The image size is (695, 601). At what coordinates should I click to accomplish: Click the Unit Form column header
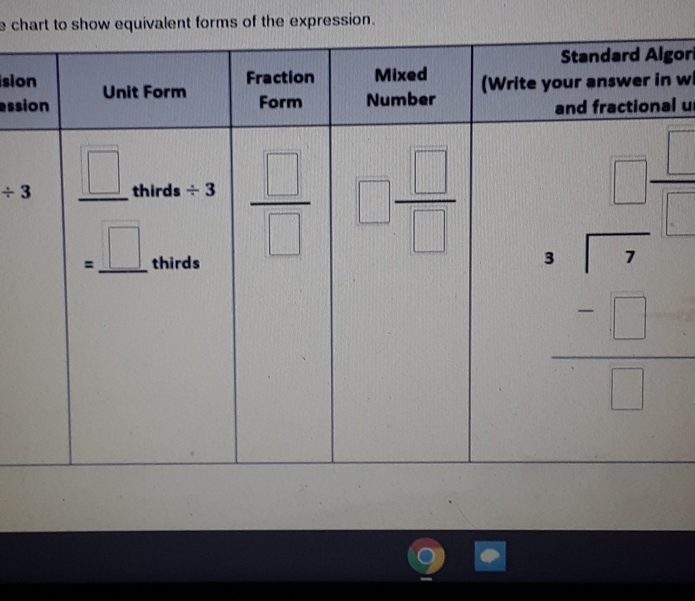(x=144, y=92)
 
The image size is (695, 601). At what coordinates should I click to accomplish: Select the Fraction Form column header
(x=280, y=89)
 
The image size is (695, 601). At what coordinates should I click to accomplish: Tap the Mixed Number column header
(x=401, y=87)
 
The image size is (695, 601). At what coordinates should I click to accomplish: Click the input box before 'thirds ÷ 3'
(x=103, y=172)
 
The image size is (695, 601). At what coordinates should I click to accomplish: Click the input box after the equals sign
(x=124, y=247)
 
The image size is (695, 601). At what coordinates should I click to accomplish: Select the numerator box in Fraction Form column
(x=282, y=174)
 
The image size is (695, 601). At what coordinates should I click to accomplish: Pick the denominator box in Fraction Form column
(x=284, y=234)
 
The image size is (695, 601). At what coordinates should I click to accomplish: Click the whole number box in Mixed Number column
(x=374, y=202)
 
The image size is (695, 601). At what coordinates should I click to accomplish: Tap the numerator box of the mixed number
(x=430, y=171)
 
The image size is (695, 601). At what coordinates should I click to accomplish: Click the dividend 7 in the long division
(x=630, y=256)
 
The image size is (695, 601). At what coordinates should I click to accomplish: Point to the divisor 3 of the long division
(x=549, y=257)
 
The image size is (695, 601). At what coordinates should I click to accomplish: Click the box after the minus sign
(x=629, y=318)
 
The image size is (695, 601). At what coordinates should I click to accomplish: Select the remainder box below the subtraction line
(x=627, y=388)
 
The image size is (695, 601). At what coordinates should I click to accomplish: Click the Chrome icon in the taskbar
(x=426, y=556)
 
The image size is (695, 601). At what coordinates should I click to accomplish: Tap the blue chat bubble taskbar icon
(x=490, y=556)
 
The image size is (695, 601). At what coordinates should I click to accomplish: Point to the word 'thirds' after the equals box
(x=176, y=263)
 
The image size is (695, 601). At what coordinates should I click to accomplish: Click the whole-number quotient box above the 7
(x=630, y=182)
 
